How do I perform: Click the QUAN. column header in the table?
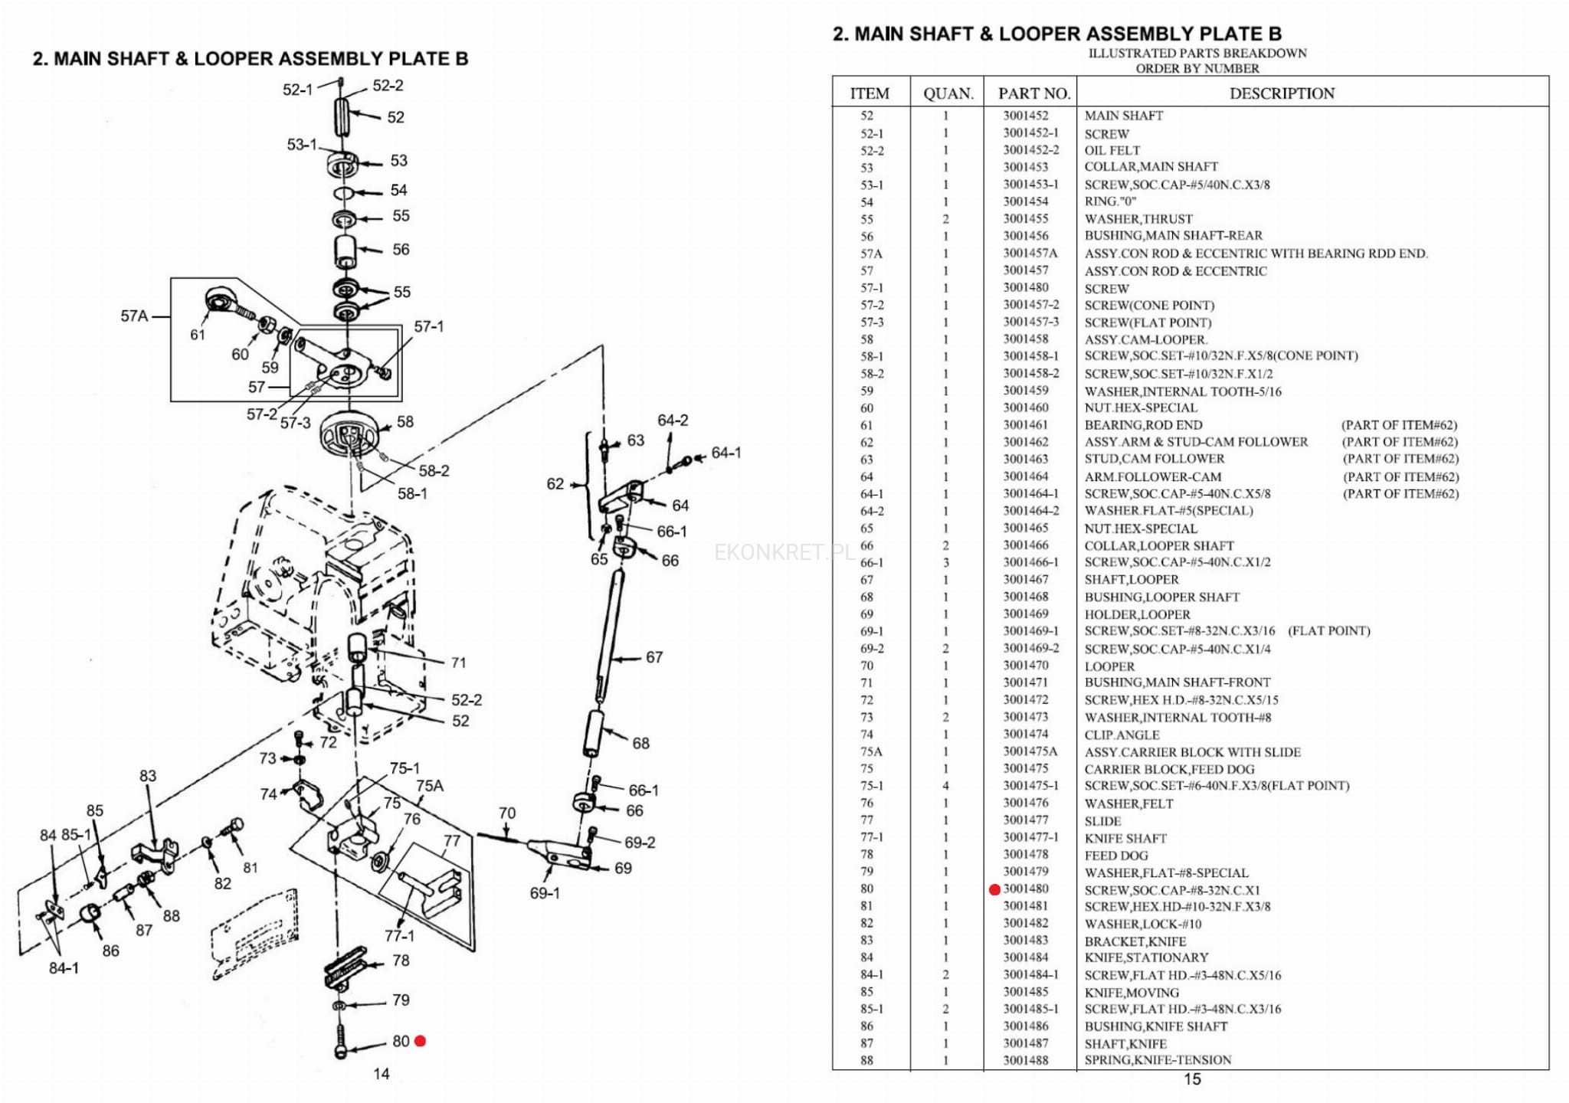(x=948, y=93)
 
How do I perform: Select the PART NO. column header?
(x=1033, y=93)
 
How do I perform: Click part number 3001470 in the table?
(x=1026, y=666)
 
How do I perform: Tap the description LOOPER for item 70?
(x=1109, y=666)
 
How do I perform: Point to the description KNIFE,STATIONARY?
(x=1146, y=957)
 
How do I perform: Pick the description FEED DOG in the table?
(x=1115, y=856)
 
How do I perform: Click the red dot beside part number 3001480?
(x=994, y=889)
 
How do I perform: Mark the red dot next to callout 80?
(x=420, y=1041)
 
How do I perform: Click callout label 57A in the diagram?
(x=134, y=316)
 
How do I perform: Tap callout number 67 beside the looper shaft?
(x=653, y=657)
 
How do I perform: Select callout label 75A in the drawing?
(x=430, y=786)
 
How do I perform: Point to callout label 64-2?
(x=673, y=421)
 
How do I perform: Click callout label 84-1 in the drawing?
(x=64, y=968)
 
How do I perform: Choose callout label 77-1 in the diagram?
(x=399, y=935)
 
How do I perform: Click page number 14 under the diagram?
(x=382, y=1074)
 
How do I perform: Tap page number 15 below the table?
(x=1192, y=1079)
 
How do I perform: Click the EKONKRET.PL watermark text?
(x=784, y=552)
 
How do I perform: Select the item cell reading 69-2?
(x=872, y=649)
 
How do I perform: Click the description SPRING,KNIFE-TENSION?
(x=1158, y=1060)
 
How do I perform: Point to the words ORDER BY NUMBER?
(x=1197, y=68)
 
